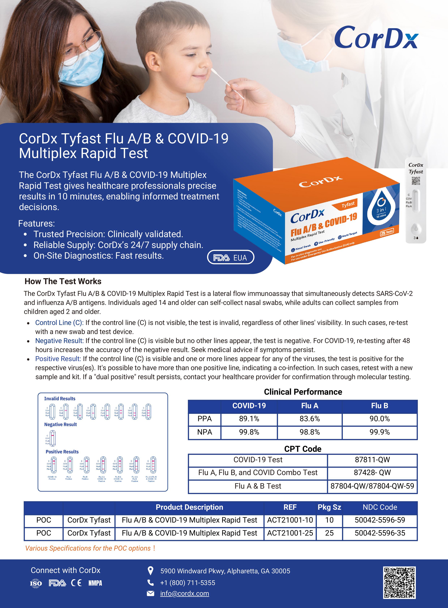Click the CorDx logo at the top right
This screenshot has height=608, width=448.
376,38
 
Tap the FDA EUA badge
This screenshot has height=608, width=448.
231,257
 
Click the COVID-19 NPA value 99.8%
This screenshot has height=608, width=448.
249,432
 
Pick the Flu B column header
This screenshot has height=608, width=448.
379,406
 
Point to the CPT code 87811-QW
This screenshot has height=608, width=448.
372,460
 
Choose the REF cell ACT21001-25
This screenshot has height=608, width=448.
290,533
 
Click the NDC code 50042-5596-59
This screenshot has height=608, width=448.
380,520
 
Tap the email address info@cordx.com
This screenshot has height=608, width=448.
184,593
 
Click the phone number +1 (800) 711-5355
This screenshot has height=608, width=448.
188,583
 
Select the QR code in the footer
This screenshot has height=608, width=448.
399,582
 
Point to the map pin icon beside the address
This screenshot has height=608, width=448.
150,571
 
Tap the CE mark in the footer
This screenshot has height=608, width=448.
76,583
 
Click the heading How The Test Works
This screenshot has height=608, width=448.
63,281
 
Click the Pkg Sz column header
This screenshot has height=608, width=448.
329,507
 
